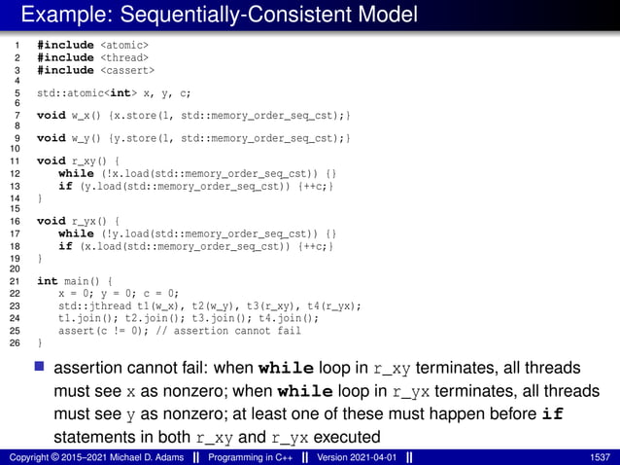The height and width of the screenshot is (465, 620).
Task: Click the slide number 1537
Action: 600,455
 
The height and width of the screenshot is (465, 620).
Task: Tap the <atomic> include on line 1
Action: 124,45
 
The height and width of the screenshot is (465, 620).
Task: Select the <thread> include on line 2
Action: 124,57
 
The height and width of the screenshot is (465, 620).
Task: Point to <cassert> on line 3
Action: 127,70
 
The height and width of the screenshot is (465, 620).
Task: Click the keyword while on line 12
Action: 76,174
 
